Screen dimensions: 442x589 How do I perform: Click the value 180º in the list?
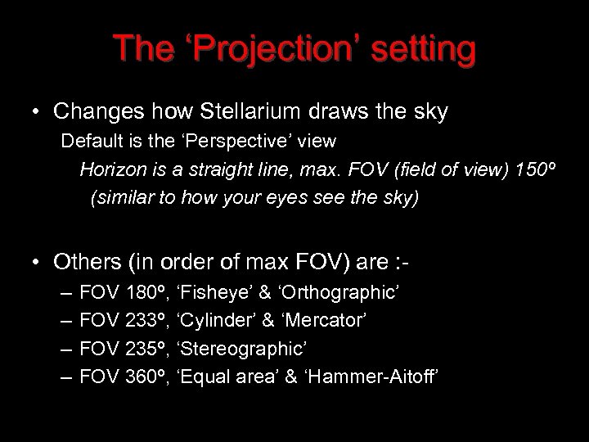(151, 292)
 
